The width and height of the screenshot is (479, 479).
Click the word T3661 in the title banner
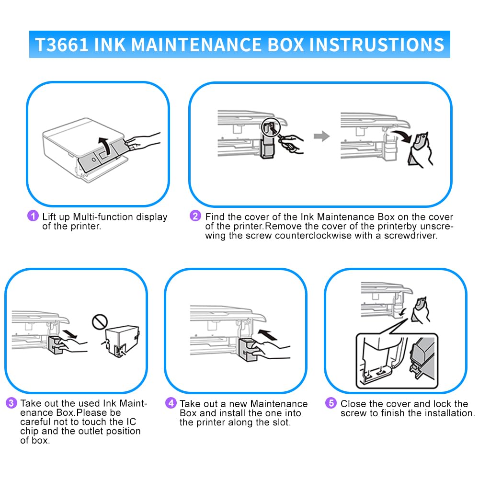pos(61,45)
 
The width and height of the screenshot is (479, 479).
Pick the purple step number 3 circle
pos(11,403)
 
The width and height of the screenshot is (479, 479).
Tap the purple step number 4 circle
pos(171,403)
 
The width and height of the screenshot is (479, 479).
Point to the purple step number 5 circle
pos(331,403)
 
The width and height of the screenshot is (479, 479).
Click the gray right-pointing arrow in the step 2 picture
pos(322,136)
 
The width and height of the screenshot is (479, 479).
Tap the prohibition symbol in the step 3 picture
pos(100,322)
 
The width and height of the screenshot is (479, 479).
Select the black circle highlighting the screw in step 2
pos(270,127)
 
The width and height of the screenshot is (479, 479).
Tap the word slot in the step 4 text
pos(281,422)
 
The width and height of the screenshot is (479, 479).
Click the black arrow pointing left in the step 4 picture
pos(268,334)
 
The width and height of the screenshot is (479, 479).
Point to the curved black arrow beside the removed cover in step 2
pos(402,136)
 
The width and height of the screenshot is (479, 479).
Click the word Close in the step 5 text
pos(354,404)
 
